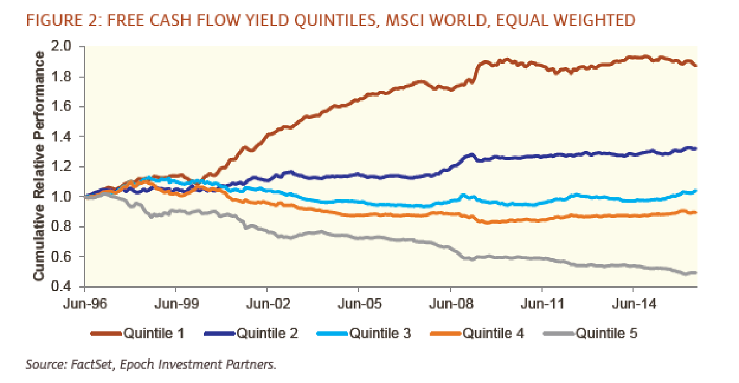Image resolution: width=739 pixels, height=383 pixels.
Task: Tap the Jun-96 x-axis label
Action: click(85, 304)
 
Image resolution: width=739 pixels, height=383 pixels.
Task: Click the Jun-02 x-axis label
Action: click(267, 304)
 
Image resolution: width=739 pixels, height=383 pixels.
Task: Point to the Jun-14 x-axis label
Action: click(633, 304)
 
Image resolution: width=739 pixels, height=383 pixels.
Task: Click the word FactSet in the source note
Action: click(74, 365)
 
